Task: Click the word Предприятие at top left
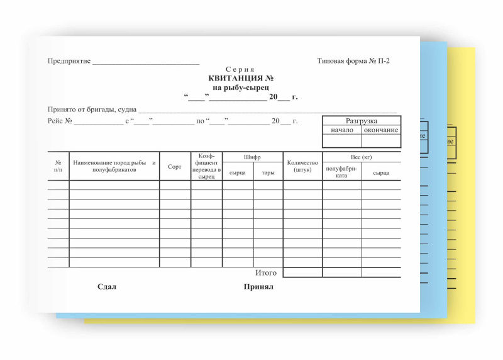69,61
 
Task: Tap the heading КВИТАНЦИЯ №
241,79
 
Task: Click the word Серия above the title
240,69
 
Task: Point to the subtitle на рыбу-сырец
241,87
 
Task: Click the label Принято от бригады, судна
92,110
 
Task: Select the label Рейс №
60,120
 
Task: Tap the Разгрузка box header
362,121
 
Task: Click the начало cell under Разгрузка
342,130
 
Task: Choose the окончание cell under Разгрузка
381,130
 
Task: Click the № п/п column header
58,166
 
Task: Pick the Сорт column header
175,166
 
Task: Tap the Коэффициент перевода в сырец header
206,166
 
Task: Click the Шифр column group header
252,157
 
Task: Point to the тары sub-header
268,172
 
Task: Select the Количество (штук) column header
302,166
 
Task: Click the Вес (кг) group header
362,157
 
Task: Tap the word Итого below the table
266,273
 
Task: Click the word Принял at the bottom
258,287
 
